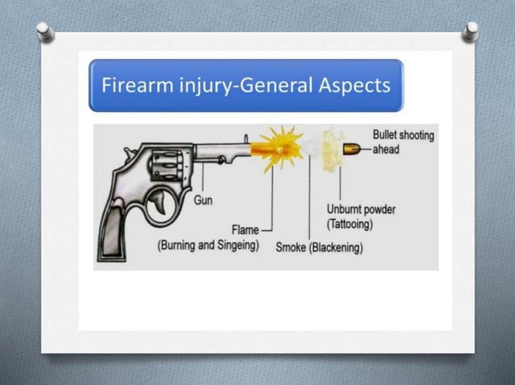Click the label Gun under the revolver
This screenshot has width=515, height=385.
[x=203, y=200]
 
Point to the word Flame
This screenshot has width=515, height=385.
[x=245, y=230]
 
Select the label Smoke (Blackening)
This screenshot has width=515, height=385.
[x=319, y=247]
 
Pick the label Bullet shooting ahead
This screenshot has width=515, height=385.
[x=402, y=142]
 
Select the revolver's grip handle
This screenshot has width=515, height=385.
[x=116, y=230]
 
